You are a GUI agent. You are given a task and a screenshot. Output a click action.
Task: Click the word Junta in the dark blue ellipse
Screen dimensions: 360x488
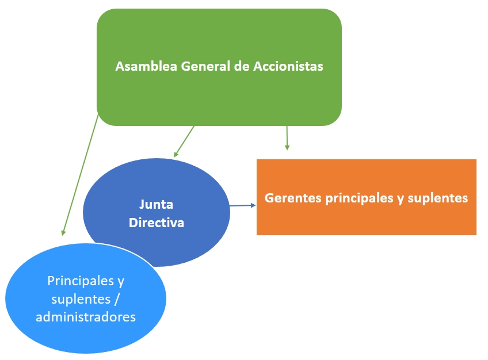pyautogui.click(x=156, y=204)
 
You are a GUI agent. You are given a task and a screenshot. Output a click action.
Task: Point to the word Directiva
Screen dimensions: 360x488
pyautogui.click(x=157, y=223)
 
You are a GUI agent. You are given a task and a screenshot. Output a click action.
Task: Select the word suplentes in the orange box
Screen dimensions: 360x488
pyautogui.click(x=438, y=198)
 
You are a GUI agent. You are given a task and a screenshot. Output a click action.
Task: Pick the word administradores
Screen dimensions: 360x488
pyautogui.click(x=86, y=316)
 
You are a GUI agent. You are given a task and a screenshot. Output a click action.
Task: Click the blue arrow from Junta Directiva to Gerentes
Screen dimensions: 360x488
pyautogui.click(x=243, y=205)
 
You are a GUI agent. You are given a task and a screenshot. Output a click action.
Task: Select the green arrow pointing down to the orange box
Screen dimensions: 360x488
pyautogui.click(x=287, y=138)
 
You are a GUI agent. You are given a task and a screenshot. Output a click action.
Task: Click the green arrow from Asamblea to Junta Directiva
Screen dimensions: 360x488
pyautogui.click(x=184, y=141)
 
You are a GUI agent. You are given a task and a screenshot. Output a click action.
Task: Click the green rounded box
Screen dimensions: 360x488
pyautogui.click(x=219, y=35)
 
